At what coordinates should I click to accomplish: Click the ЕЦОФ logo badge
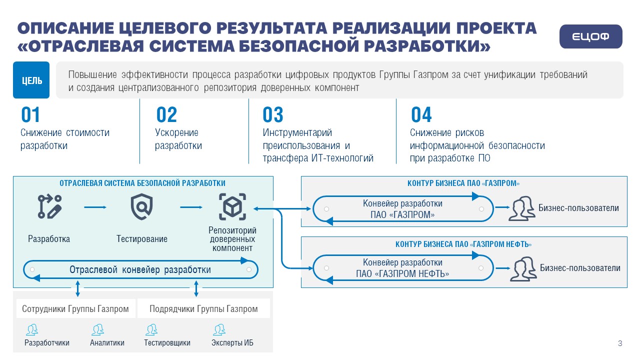(590, 36)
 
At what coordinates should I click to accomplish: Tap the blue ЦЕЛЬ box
(31, 80)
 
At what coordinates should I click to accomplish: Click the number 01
(30, 114)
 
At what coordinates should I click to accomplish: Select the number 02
(166, 114)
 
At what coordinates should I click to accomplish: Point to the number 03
(273, 114)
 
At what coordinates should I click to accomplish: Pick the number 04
(421, 114)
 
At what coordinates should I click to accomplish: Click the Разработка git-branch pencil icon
(49, 206)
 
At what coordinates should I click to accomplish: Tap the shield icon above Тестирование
(141, 207)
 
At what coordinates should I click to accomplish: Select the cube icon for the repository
(232, 206)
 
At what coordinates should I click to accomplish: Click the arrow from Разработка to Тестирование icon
(95, 207)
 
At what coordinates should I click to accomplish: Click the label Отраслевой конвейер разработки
(140, 269)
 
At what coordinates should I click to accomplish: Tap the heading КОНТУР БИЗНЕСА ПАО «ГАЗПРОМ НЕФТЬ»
(463, 244)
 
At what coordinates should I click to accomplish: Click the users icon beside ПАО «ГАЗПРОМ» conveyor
(521, 208)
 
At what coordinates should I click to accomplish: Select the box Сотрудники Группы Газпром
(75, 308)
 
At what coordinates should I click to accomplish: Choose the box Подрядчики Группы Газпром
(203, 308)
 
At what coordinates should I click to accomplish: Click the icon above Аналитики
(97, 329)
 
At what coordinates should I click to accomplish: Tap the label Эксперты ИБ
(232, 342)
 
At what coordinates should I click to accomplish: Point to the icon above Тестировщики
(151, 329)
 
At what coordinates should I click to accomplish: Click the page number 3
(620, 343)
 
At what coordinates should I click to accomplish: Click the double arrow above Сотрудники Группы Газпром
(77, 288)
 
